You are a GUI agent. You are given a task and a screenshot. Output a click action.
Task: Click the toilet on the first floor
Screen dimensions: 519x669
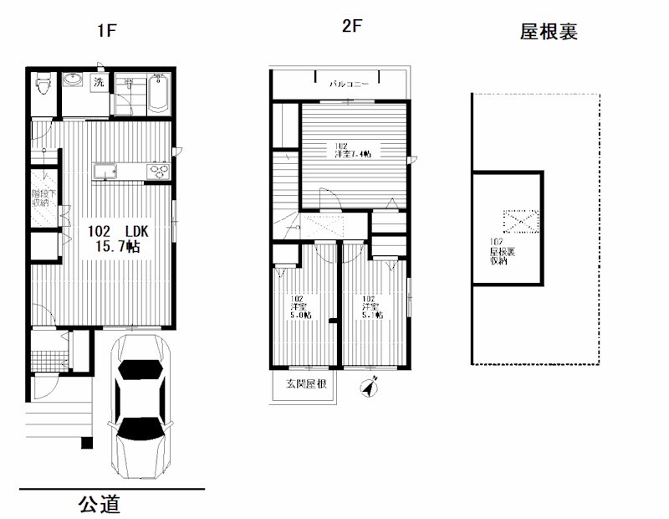tap(43, 84)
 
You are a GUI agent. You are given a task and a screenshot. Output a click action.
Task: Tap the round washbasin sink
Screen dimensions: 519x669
tap(74, 81)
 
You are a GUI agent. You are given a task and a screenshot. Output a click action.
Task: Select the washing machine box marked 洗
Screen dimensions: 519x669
tap(99, 82)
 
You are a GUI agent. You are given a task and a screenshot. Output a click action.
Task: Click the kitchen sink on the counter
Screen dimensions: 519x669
tap(106, 172)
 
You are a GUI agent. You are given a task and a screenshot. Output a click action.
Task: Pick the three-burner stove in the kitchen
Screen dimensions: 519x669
tap(157, 172)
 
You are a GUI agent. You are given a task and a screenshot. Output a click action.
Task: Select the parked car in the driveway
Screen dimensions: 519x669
tap(141, 406)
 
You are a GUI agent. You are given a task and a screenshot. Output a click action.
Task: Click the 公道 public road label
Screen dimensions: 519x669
tap(100, 505)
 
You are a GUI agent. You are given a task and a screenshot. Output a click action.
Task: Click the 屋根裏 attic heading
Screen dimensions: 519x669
tap(549, 33)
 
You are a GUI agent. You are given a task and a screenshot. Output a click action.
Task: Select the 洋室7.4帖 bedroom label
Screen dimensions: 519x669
tap(354, 153)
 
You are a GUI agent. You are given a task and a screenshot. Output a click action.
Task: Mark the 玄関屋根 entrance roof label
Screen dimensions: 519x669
tap(306, 384)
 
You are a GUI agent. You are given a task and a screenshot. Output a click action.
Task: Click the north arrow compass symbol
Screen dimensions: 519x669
tap(369, 388)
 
